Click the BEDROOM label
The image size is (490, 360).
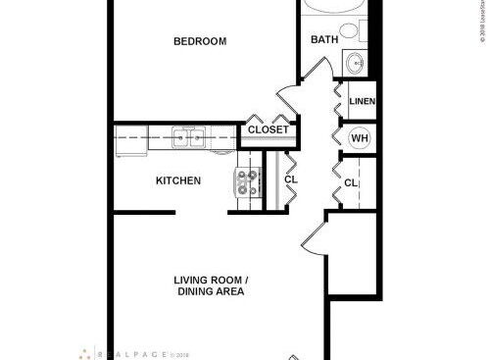coord(200,41)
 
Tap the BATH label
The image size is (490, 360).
coord(324,40)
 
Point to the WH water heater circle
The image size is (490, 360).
coord(359,138)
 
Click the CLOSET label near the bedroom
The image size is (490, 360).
coord(268,129)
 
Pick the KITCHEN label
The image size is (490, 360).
coord(178,180)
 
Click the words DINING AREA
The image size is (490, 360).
coord(211,292)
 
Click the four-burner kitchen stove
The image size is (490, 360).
coord(247,183)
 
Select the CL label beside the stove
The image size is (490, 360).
coord(291,180)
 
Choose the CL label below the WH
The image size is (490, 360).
coord(351,183)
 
